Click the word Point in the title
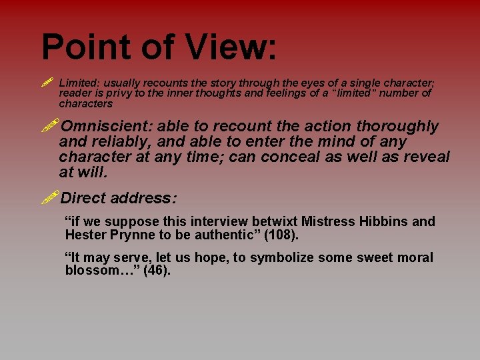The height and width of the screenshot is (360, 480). click(x=83, y=47)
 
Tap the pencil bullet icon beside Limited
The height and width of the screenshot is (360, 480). click(x=46, y=83)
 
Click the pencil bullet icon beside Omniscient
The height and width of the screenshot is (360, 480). click(x=49, y=125)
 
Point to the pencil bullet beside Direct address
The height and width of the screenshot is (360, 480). click(x=49, y=197)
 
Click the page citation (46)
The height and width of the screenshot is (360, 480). click(x=157, y=271)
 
